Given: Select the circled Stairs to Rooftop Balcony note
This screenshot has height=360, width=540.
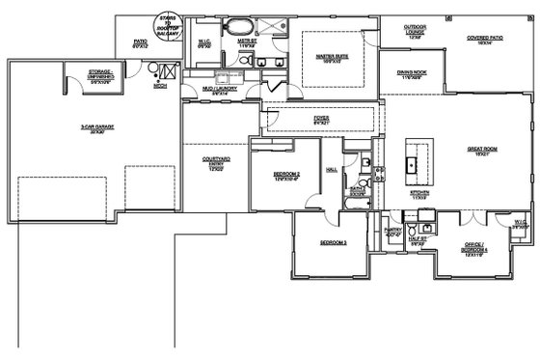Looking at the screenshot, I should click(169, 25).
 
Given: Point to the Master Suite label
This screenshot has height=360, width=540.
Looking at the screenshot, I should click(332, 57).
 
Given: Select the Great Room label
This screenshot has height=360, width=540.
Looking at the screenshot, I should click(482, 151).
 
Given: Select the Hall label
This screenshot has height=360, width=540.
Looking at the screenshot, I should click(331, 168).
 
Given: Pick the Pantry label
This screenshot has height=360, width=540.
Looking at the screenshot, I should click(392, 231).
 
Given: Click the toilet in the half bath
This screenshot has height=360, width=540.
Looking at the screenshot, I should click(412, 232).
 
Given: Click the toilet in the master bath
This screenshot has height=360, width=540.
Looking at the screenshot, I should click(246, 60).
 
